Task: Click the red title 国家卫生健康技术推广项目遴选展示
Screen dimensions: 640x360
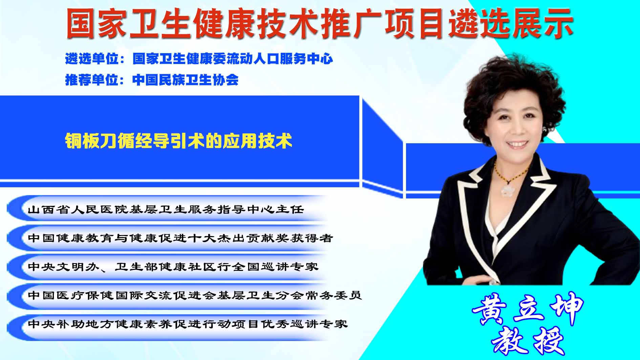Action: [319, 23]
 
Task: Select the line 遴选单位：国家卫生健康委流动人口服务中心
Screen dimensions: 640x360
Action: [199, 59]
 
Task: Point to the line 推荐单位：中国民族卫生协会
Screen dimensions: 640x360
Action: [152, 80]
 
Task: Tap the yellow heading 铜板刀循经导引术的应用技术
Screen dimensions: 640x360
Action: [178, 141]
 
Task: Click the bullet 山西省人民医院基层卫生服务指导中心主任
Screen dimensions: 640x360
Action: [166, 209]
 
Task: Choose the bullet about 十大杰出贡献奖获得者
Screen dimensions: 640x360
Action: [180, 238]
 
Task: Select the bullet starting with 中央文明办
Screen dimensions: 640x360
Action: [173, 267]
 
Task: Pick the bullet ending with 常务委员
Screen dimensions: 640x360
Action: [195, 295]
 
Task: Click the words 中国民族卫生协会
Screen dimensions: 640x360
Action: [186, 80]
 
